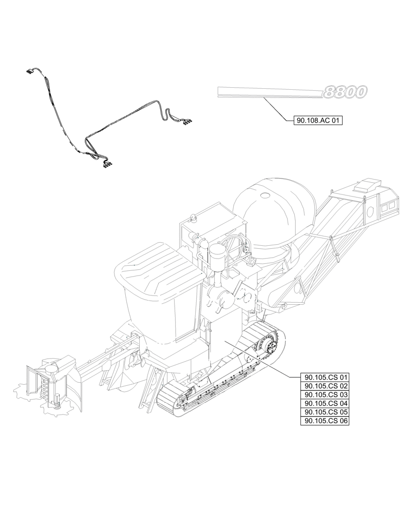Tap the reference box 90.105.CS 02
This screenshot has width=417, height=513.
coord(326,386)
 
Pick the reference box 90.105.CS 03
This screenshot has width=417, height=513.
coord(326,394)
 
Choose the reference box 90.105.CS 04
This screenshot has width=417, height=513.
coord(326,403)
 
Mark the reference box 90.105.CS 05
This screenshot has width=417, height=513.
coord(326,412)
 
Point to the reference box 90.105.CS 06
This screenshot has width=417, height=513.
coord(326,421)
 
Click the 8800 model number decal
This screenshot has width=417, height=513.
coord(345,92)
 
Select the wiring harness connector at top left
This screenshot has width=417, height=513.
coord(30,72)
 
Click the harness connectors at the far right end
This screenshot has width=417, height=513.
coord(187,121)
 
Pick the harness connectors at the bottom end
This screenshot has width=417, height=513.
coord(108,164)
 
